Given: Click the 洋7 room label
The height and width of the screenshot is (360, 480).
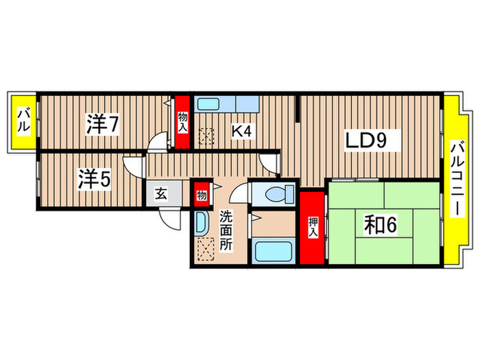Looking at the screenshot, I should pos(104,124).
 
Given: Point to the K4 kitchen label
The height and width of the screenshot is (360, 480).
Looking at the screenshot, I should pos(239,129).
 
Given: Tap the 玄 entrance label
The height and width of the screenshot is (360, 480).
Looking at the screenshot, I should pos(161,193).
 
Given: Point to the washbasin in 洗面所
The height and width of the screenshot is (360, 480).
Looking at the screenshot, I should pos(202,223).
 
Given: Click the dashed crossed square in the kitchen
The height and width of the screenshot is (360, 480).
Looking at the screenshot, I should pos(206,136).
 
